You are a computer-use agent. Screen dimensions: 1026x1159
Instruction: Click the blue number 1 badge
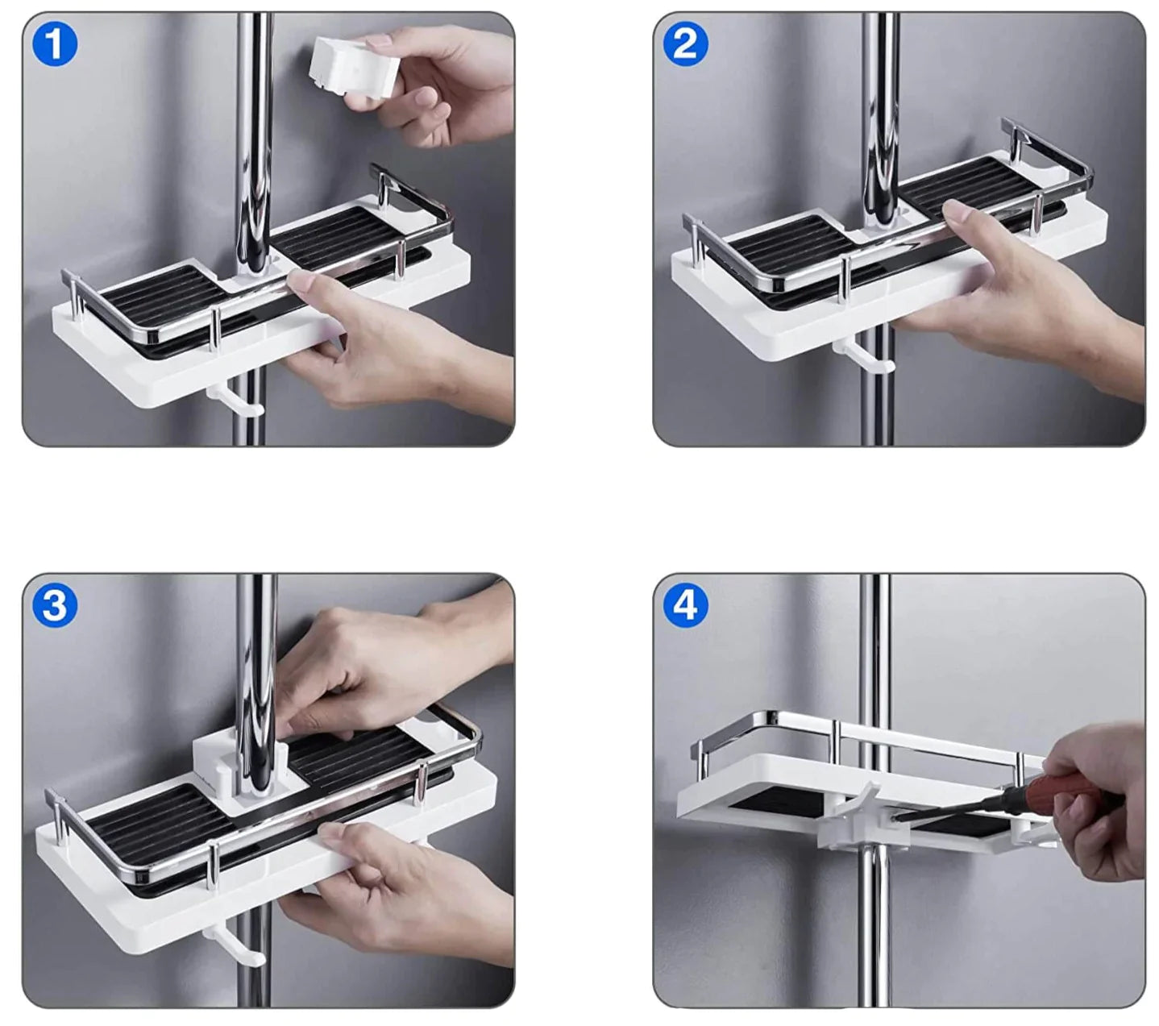(x=55, y=44)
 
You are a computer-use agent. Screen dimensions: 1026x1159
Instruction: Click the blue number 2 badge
(x=685, y=44)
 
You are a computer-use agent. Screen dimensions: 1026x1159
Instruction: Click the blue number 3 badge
(x=55, y=605)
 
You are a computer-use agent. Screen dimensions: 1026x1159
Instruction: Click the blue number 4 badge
(x=685, y=605)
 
